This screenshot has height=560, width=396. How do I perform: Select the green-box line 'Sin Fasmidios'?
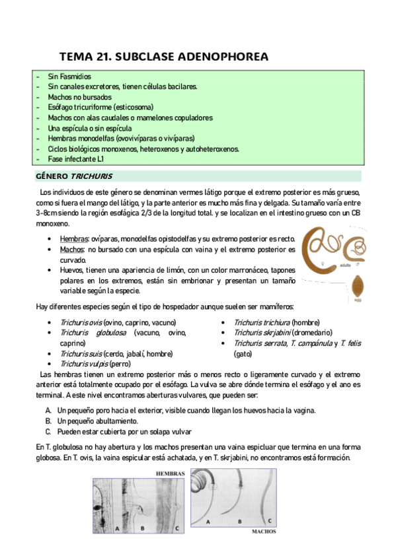[69, 77]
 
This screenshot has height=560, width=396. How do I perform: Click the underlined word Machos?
[71, 250]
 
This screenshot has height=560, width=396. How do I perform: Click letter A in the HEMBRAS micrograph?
[116, 528]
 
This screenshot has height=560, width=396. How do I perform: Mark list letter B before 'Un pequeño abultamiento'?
[48, 421]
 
